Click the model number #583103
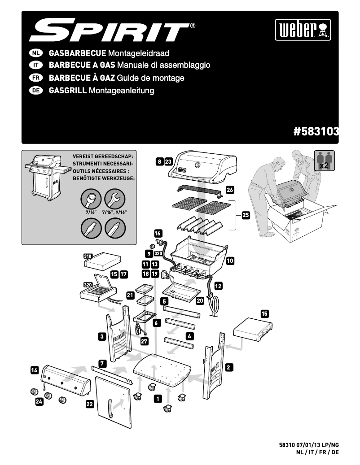point(315,131)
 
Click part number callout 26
point(230,190)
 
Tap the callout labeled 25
point(246,215)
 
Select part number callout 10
point(230,260)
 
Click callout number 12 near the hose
point(218,285)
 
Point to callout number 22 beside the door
point(89,404)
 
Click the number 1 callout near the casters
point(158,398)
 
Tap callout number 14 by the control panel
point(35,370)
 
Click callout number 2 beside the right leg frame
point(228,367)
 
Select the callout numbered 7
point(102,362)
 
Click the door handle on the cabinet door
point(109,409)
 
